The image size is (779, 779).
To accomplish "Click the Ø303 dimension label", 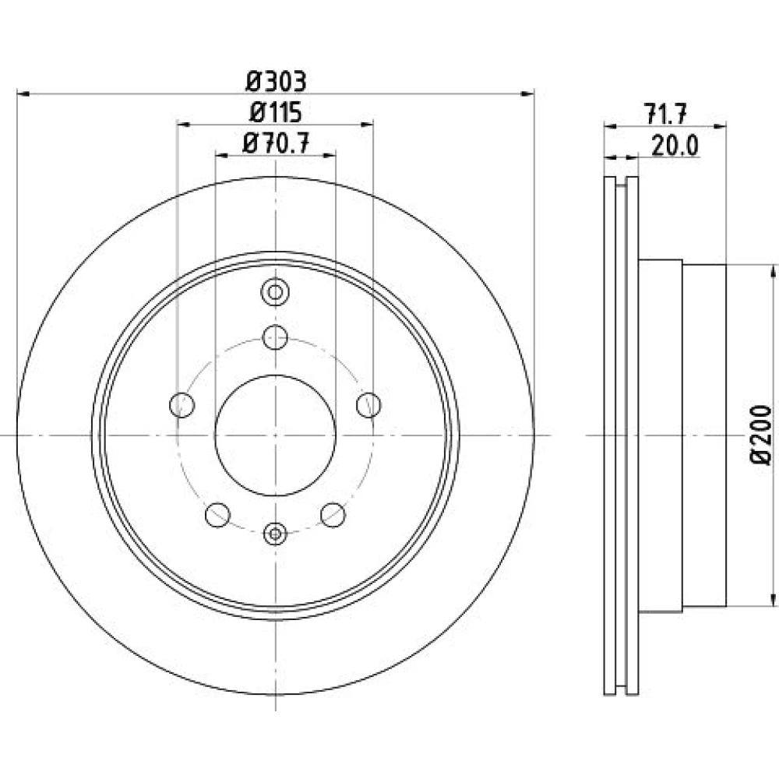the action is pos(276,82).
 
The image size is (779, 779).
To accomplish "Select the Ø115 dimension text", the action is pos(276,112).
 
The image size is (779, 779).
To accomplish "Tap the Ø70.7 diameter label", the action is pos(276,143).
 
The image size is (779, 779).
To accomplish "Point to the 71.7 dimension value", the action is pos(665,115).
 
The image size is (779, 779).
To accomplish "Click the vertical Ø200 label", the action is pos(761,435).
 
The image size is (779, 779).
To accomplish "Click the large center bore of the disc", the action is pos(275,435).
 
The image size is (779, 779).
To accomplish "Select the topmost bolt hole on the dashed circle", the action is pos(275,338).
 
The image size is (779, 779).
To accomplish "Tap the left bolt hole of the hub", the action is pos(182,405).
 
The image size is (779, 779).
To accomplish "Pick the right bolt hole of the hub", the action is pos(368,405).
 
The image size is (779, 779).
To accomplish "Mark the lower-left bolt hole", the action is pos(217,515).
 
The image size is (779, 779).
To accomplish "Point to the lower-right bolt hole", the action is pos(333,515).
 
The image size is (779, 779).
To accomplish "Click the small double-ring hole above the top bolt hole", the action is pos(275,292).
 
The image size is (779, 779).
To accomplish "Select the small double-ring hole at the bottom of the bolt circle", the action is pos(275,534).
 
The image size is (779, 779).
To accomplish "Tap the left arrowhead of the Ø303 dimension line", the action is pos(23,93).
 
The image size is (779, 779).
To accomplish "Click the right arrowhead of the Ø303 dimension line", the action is pos(527,93).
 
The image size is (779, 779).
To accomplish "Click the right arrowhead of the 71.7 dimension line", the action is pos(719,127).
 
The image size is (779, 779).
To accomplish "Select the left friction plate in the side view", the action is pos(610,435).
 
